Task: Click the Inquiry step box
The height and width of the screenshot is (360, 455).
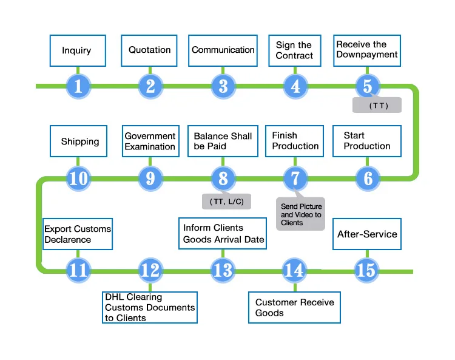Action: pos(77,50)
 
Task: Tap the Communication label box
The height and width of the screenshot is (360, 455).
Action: pos(223,50)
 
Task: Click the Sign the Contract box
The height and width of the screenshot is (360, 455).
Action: pos(295,50)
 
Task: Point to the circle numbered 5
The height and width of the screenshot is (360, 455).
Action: pos(368,86)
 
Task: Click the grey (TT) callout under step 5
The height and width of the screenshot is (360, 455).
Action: pos(377,105)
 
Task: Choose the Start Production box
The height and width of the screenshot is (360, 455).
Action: pos(367,141)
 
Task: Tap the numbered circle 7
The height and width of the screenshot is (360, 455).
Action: pos(295,178)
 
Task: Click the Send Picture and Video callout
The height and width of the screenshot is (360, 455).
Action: pos(302,214)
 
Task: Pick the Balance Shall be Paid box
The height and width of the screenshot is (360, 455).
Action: pos(223,141)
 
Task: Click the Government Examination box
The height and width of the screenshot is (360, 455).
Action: pos(150,141)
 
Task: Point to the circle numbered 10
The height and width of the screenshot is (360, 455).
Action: pos(78,178)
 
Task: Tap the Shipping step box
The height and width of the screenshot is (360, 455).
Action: pos(79,141)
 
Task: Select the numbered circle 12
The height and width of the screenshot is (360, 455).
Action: pos(150,270)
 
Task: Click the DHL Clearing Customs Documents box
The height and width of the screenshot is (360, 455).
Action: pos(150,308)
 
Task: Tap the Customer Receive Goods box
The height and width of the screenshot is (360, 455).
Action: pos(295,307)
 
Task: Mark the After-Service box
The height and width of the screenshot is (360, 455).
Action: pos(367,234)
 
